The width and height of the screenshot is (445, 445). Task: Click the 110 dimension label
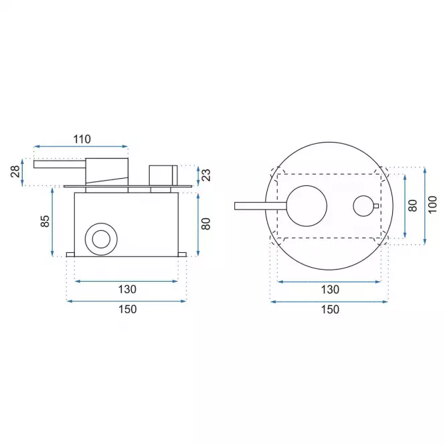point(82,139)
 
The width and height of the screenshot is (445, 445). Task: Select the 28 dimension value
point(16,171)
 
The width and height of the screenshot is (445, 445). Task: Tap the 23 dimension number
point(207,175)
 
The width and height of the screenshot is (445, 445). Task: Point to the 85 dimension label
point(45,221)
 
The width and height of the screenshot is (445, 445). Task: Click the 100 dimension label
point(432,205)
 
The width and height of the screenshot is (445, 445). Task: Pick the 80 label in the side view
point(205,224)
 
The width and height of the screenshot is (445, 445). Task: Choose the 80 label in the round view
point(412,205)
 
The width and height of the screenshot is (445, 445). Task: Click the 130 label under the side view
point(127,289)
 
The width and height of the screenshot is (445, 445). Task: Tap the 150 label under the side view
point(127,309)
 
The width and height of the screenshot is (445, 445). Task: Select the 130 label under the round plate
point(330,290)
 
